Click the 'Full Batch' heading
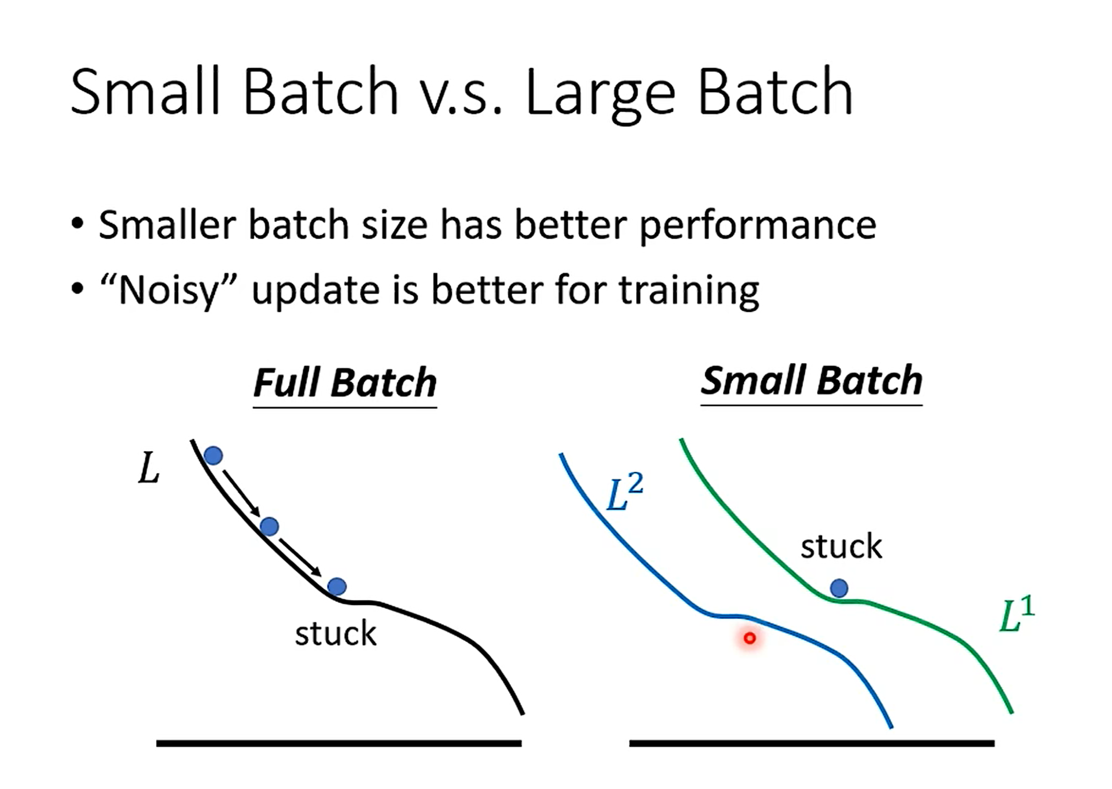pyautogui.click(x=345, y=384)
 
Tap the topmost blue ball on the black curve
pyautogui.click(x=214, y=456)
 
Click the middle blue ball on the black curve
pyautogui.click(x=269, y=526)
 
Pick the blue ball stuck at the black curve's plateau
pyautogui.click(x=337, y=587)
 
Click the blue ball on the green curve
pyautogui.click(x=839, y=588)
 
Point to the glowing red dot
pyautogui.click(x=750, y=637)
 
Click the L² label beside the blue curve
pyautogui.click(x=625, y=492)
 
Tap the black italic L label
pyautogui.click(x=149, y=468)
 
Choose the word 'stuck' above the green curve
pyautogui.click(x=841, y=546)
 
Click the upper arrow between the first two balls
pyautogui.click(x=241, y=493)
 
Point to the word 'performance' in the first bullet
pyautogui.click(x=758, y=226)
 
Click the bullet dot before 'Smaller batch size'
pyautogui.click(x=77, y=223)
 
